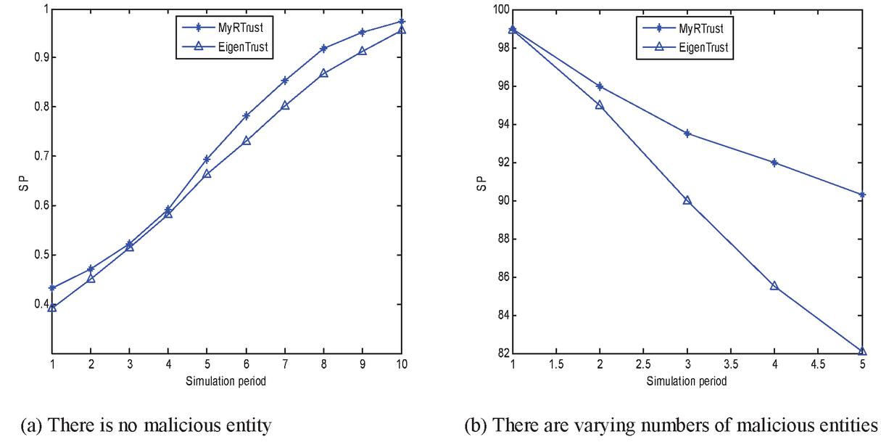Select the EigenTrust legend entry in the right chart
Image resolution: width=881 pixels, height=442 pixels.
pos(703,48)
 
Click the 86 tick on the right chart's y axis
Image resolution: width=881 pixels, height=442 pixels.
pos(498,277)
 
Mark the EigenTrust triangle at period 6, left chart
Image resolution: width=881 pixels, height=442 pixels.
pos(246,140)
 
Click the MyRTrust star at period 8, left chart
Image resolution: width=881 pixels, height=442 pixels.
pos(323,49)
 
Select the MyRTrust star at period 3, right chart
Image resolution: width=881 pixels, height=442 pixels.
pos(687,133)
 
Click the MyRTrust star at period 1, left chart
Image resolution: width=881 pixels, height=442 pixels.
pos(52,288)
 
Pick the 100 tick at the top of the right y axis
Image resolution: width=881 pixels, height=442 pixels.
pos(496,10)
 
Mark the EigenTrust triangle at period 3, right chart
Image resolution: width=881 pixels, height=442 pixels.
pos(687,200)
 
